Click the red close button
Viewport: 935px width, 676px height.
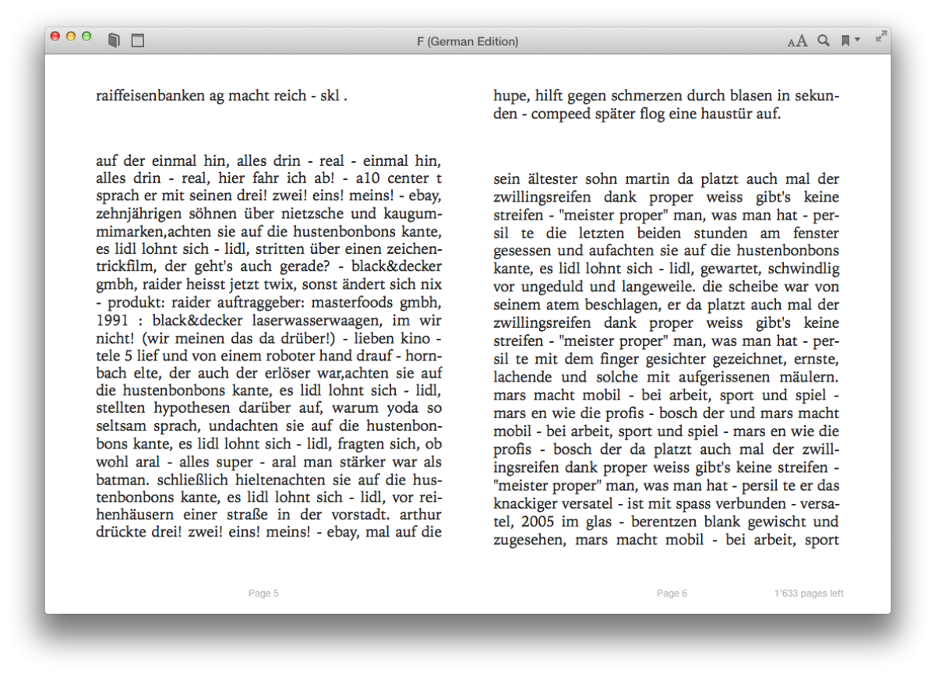[x=55, y=36]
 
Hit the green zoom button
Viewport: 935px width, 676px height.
[x=86, y=36]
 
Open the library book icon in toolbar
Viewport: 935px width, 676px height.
[x=114, y=40]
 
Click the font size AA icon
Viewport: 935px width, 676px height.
[x=797, y=41]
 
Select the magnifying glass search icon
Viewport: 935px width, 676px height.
[x=823, y=40]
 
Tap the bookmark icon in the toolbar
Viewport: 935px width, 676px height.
[x=845, y=40]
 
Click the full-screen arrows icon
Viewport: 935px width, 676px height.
[x=880, y=37]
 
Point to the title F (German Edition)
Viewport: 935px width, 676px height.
[x=467, y=41]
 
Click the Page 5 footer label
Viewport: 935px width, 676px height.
[x=263, y=593]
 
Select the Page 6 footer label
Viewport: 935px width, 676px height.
[x=672, y=593]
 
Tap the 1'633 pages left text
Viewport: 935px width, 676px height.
[x=809, y=593]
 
